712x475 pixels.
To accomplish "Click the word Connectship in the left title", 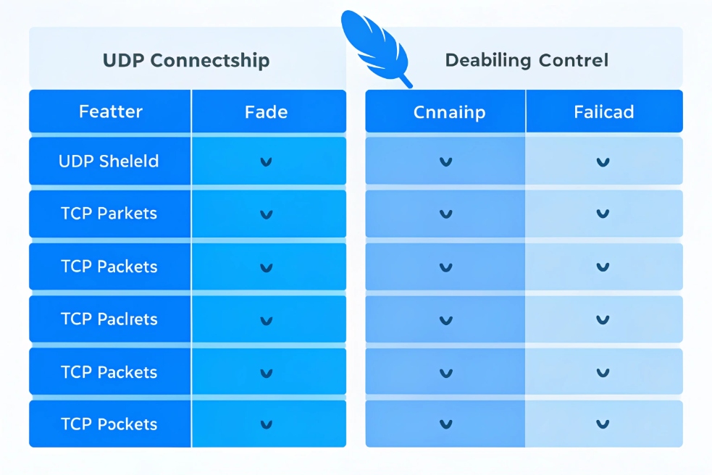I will point(210,60).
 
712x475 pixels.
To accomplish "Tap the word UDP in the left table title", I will point(124,60).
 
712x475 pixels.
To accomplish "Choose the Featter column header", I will point(110,112).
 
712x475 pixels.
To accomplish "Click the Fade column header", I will point(266,112).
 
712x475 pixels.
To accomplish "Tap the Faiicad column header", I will point(603,112).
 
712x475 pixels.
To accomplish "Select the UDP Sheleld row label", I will point(109,161).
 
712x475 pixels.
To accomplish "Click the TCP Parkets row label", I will point(109,214).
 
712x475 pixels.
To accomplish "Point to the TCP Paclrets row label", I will point(109,319).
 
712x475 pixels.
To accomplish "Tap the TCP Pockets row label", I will point(109,424).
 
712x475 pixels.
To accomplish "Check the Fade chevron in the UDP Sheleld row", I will point(266,162).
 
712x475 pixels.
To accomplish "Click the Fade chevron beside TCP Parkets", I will point(266,214).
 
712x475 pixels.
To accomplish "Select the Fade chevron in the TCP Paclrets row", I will point(266,320).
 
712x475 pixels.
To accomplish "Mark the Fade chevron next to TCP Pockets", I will point(266,425).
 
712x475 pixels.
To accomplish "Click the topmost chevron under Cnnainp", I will point(446,162).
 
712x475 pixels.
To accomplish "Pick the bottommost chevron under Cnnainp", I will point(446,425).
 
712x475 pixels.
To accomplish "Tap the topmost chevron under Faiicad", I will point(602,162).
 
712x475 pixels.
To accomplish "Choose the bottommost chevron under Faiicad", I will point(602,425).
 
